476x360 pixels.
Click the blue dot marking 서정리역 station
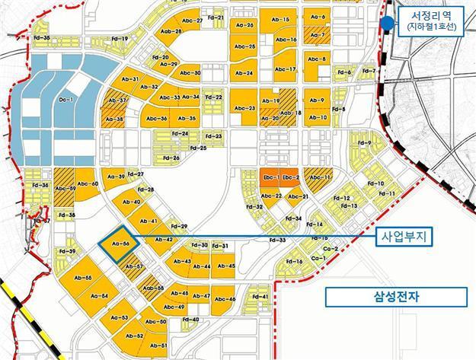[x=388, y=23]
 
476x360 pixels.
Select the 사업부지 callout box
[x=404, y=238]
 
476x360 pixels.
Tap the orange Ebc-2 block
[x=289, y=177]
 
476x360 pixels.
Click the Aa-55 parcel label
[x=83, y=278]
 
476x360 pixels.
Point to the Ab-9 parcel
[x=318, y=100]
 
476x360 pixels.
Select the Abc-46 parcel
[x=225, y=299]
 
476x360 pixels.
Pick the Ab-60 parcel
[x=88, y=184]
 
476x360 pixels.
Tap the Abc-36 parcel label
[x=156, y=119]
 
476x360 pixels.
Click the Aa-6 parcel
[x=318, y=17]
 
